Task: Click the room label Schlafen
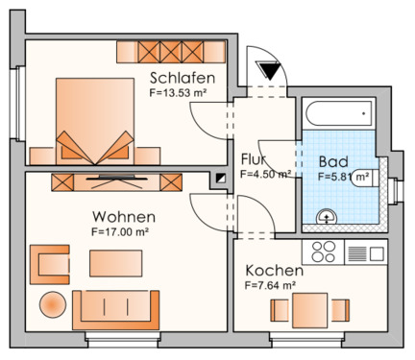tap(182, 78)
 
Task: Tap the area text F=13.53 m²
tap(182, 94)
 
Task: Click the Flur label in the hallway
tap(253, 159)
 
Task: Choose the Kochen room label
tap(274, 271)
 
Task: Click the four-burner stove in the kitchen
tap(321, 252)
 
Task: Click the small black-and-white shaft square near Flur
tap(221, 179)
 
